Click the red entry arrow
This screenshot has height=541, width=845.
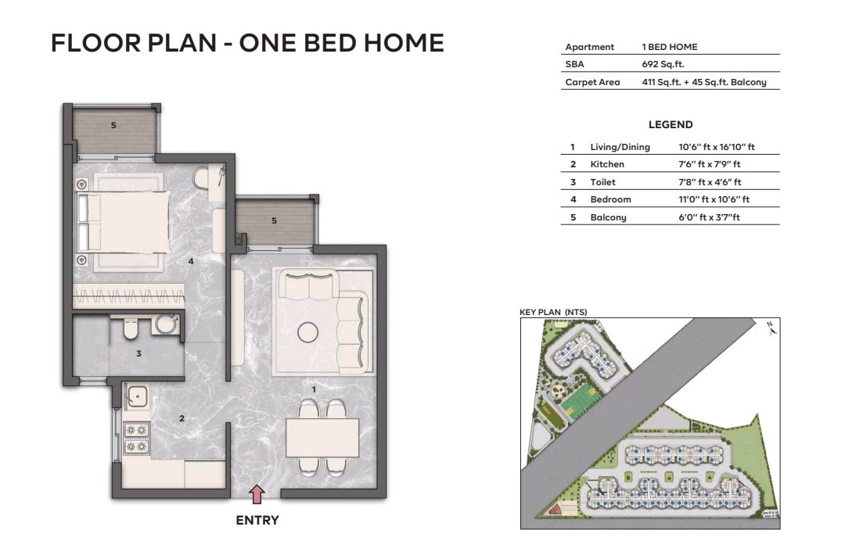tap(257, 493)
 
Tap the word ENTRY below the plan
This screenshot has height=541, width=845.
tap(257, 520)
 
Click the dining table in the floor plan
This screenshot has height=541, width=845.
tap(322, 438)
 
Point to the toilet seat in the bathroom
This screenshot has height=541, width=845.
tap(130, 331)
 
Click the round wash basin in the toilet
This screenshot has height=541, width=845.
tap(165, 324)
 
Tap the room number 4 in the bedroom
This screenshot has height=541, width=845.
tap(190, 261)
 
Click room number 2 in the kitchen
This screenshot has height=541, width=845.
tap(182, 418)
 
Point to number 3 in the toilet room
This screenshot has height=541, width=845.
tap(138, 354)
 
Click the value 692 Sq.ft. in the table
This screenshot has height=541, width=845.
tap(663, 64)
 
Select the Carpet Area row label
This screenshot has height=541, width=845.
tap(592, 82)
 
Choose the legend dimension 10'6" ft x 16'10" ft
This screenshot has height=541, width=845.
tap(716, 147)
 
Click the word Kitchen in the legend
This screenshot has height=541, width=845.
tap(607, 164)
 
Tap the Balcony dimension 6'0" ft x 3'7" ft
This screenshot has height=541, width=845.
tap(709, 217)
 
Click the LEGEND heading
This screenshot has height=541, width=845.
tap(671, 124)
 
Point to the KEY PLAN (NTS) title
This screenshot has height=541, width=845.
tap(553, 312)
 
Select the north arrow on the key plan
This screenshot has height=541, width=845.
tap(771, 329)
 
